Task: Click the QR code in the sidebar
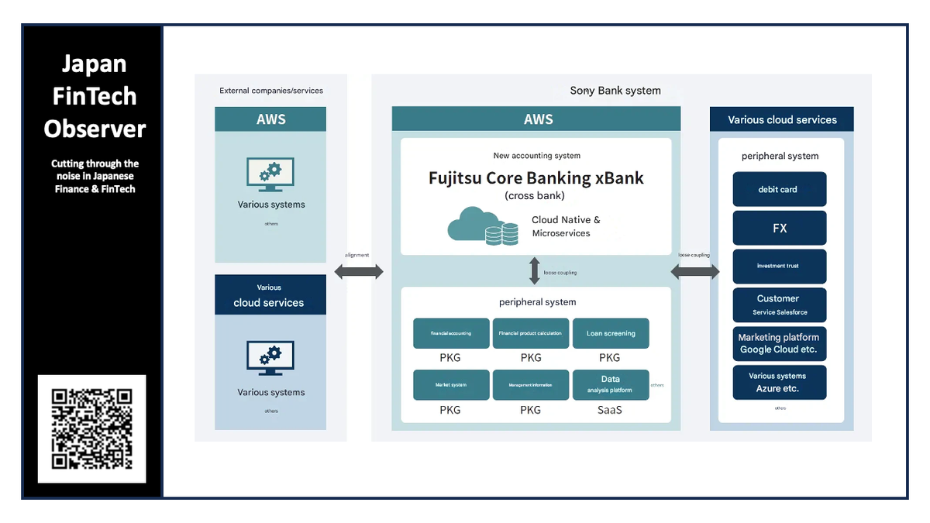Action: [x=91, y=428]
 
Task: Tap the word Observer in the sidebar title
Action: [x=95, y=129]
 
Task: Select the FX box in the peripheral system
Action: [x=780, y=228]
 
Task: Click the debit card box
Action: [x=780, y=189]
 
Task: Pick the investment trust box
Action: [x=780, y=266]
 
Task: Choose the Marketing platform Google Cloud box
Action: [x=780, y=343]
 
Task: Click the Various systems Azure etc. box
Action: [x=780, y=382]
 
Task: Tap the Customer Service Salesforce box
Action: [x=780, y=305]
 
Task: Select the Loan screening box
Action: [x=611, y=333]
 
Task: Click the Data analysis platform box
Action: [x=611, y=384]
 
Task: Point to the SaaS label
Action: [x=610, y=409]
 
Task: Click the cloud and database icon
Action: [x=483, y=226]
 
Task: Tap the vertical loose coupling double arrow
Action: [x=534, y=271]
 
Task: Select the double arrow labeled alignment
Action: [x=359, y=271]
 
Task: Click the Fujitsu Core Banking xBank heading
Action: [x=536, y=177]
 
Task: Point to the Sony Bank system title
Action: [x=615, y=91]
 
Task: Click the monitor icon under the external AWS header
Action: [x=270, y=176]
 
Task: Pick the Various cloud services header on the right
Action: [x=782, y=120]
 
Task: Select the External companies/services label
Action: [x=271, y=91]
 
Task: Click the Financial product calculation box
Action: [x=531, y=333]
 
